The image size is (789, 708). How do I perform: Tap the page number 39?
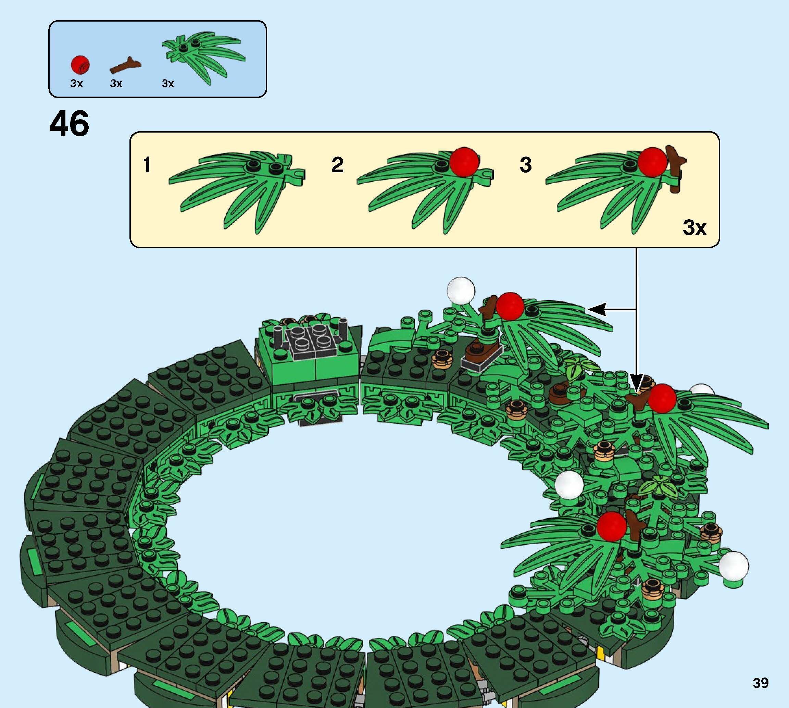[760, 683]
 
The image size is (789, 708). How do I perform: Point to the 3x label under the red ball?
[76, 84]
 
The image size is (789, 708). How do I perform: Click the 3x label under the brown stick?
[116, 84]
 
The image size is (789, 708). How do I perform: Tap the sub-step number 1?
[147, 165]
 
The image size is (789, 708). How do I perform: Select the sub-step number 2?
[337, 165]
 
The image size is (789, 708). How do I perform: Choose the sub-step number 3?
[525, 165]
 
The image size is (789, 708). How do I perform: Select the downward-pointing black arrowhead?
[637, 381]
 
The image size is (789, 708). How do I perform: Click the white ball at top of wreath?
[461, 290]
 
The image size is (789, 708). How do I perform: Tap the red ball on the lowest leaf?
[612, 526]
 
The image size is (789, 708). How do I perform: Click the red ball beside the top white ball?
[510, 307]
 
